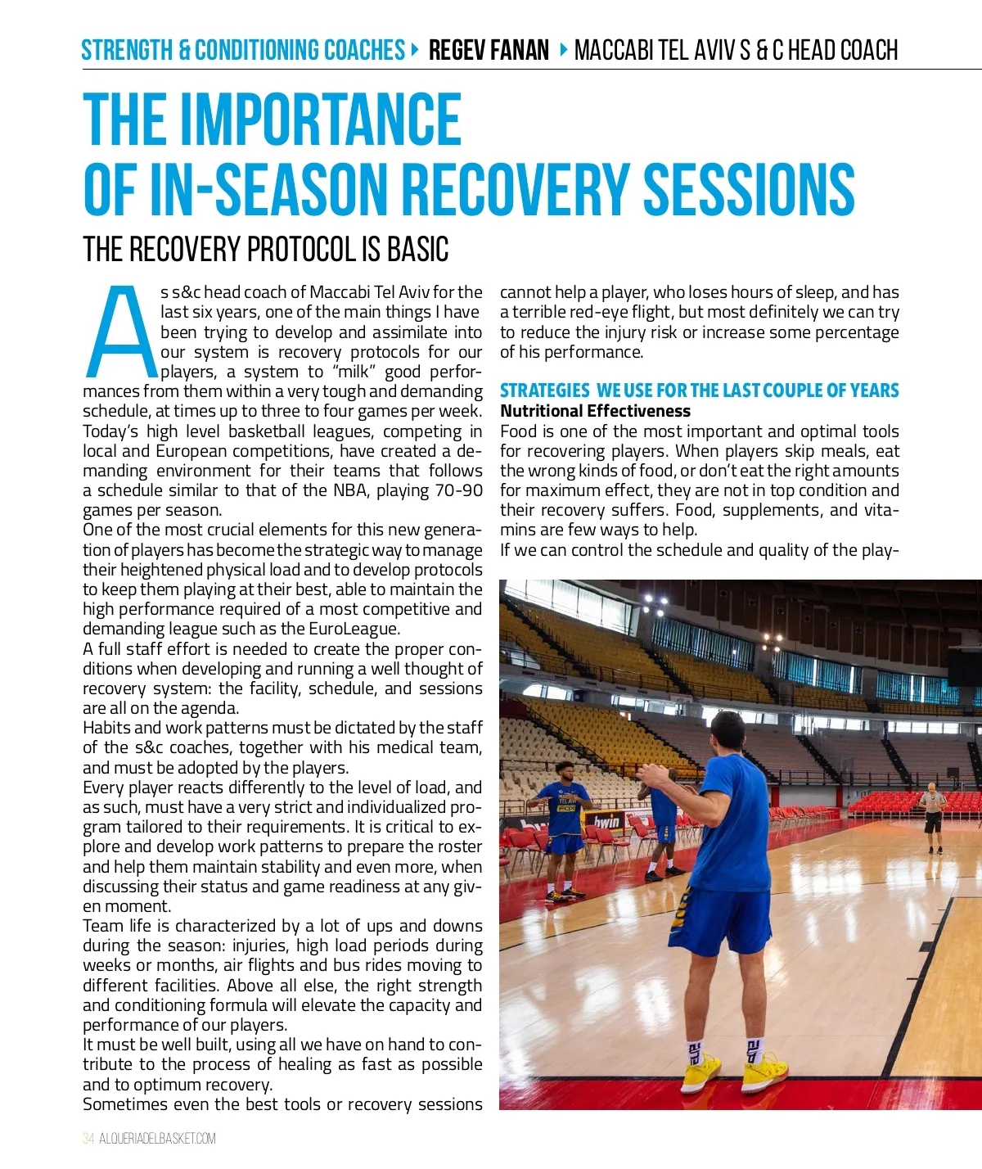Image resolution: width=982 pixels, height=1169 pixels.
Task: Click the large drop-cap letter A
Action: pyautogui.click(x=123, y=332)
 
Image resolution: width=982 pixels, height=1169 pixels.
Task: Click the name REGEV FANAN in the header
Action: pyautogui.click(x=489, y=51)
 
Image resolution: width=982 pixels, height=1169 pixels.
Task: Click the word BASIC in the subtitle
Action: pyautogui.click(x=417, y=250)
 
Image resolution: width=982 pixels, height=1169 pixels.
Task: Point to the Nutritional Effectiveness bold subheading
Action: pyautogui.click(x=595, y=411)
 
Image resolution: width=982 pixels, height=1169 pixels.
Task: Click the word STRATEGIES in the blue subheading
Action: pyautogui.click(x=544, y=390)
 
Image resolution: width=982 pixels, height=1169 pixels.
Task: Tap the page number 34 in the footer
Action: pyautogui.click(x=88, y=1139)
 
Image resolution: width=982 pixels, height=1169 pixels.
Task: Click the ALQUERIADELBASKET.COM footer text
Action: pyautogui.click(x=158, y=1139)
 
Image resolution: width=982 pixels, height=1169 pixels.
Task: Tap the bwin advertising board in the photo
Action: pyautogui.click(x=606, y=822)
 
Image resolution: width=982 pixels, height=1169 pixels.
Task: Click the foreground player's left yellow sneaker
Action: pyautogui.click(x=701, y=1072)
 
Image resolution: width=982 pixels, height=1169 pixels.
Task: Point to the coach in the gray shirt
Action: pyautogui.click(x=932, y=811)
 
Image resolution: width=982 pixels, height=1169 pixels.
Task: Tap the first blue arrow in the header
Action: pyautogui.click(x=416, y=50)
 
